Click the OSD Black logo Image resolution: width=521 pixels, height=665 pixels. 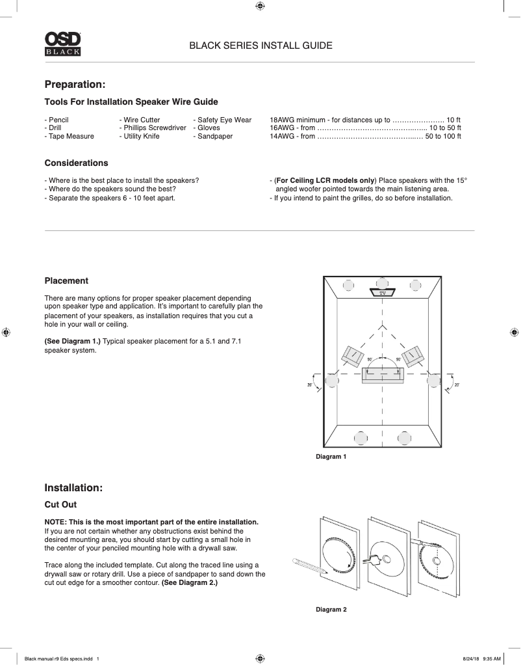click(x=62, y=44)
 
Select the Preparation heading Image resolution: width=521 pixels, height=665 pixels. click(x=75, y=85)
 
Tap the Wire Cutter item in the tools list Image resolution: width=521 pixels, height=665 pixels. click(x=142, y=120)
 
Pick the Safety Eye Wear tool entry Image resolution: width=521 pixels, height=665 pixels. click(x=224, y=120)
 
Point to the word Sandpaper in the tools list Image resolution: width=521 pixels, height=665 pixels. click(x=215, y=137)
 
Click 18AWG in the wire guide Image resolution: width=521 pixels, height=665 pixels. click(x=282, y=120)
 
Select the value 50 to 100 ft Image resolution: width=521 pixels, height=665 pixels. click(x=443, y=137)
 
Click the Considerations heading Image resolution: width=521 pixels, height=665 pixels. click(x=76, y=163)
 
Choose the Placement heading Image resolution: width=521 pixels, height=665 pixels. click(x=66, y=280)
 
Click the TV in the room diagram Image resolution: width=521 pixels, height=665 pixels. click(x=383, y=293)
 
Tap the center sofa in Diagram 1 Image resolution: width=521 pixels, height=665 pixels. click(x=383, y=375)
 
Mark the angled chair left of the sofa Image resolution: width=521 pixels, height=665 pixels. click(x=353, y=355)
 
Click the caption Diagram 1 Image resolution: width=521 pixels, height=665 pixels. click(x=331, y=457)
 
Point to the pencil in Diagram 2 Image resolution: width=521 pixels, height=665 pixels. click(x=310, y=565)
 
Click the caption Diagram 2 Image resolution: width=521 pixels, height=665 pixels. click(x=331, y=610)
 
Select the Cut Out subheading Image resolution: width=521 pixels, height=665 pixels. click(x=60, y=504)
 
